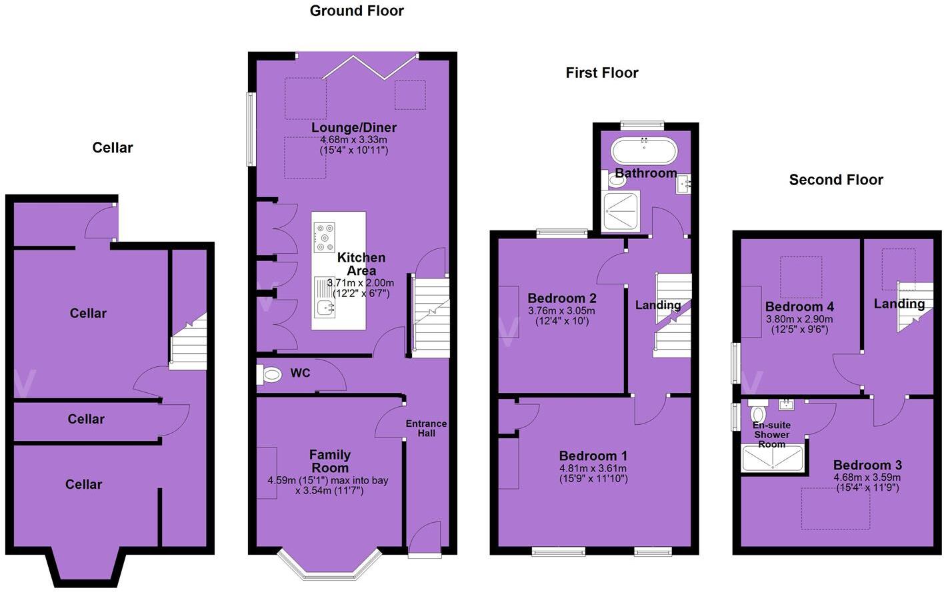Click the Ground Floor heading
[x=357, y=11]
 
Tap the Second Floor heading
[x=835, y=180]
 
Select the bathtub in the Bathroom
[x=644, y=150]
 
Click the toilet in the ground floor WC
[x=270, y=375]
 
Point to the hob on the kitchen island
[x=325, y=237]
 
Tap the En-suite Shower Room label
[x=771, y=434]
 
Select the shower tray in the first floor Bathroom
[x=621, y=212]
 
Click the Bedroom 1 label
[x=593, y=456]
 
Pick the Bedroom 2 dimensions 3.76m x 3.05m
[x=561, y=311]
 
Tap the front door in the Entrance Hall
[x=425, y=538]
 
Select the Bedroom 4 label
[x=799, y=307]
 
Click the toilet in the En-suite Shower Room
[x=757, y=414]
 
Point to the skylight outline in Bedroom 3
[x=835, y=509]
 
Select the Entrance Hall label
[x=426, y=428]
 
